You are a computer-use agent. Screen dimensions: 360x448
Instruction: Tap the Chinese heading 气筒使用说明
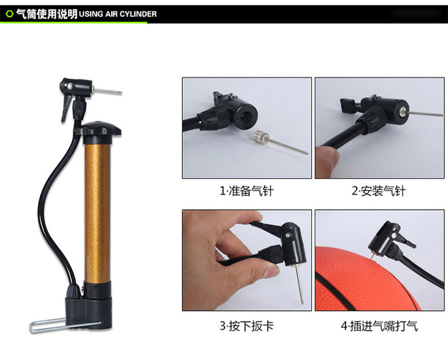pyautogui.click(x=47, y=14)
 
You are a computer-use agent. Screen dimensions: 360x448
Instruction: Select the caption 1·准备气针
pyautogui.click(x=247, y=191)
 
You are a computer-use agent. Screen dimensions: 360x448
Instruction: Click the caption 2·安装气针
pyautogui.click(x=379, y=191)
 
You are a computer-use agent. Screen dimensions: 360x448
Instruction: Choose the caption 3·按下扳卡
pyautogui.click(x=247, y=325)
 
